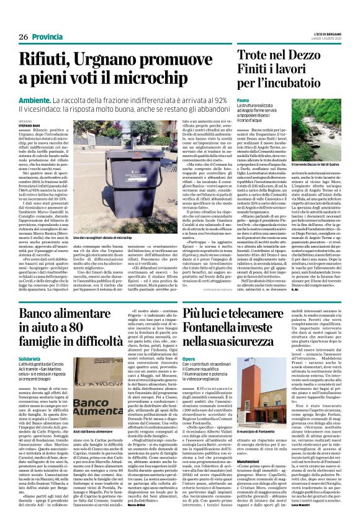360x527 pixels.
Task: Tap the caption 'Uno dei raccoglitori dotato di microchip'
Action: tap(102, 238)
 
